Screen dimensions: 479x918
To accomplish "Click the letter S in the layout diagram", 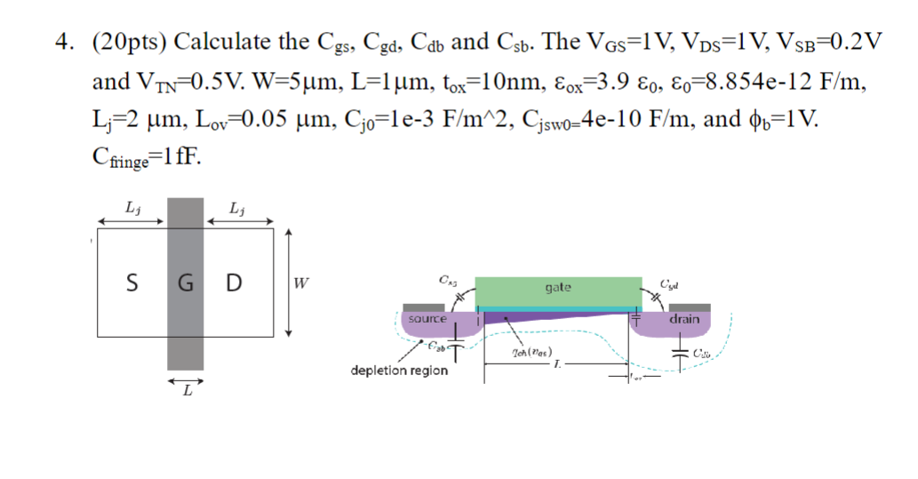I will click(132, 283).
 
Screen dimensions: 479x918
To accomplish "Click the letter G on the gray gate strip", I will click(185, 283).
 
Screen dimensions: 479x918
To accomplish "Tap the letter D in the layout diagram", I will click(233, 283).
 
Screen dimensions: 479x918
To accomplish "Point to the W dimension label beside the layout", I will click(302, 284).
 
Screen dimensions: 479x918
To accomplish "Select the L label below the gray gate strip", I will click(187, 394).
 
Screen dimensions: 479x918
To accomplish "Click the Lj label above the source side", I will click(132, 210).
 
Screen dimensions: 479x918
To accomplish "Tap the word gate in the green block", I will click(558, 287).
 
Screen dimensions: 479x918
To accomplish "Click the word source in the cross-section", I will click(427, 318).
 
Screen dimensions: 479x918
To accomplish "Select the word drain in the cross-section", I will click(684, 318).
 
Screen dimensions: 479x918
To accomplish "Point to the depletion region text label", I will click(399, 371).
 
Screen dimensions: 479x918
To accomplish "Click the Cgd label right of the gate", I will click(671, 284).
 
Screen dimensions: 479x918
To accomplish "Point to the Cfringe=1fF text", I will click(147, 157).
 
